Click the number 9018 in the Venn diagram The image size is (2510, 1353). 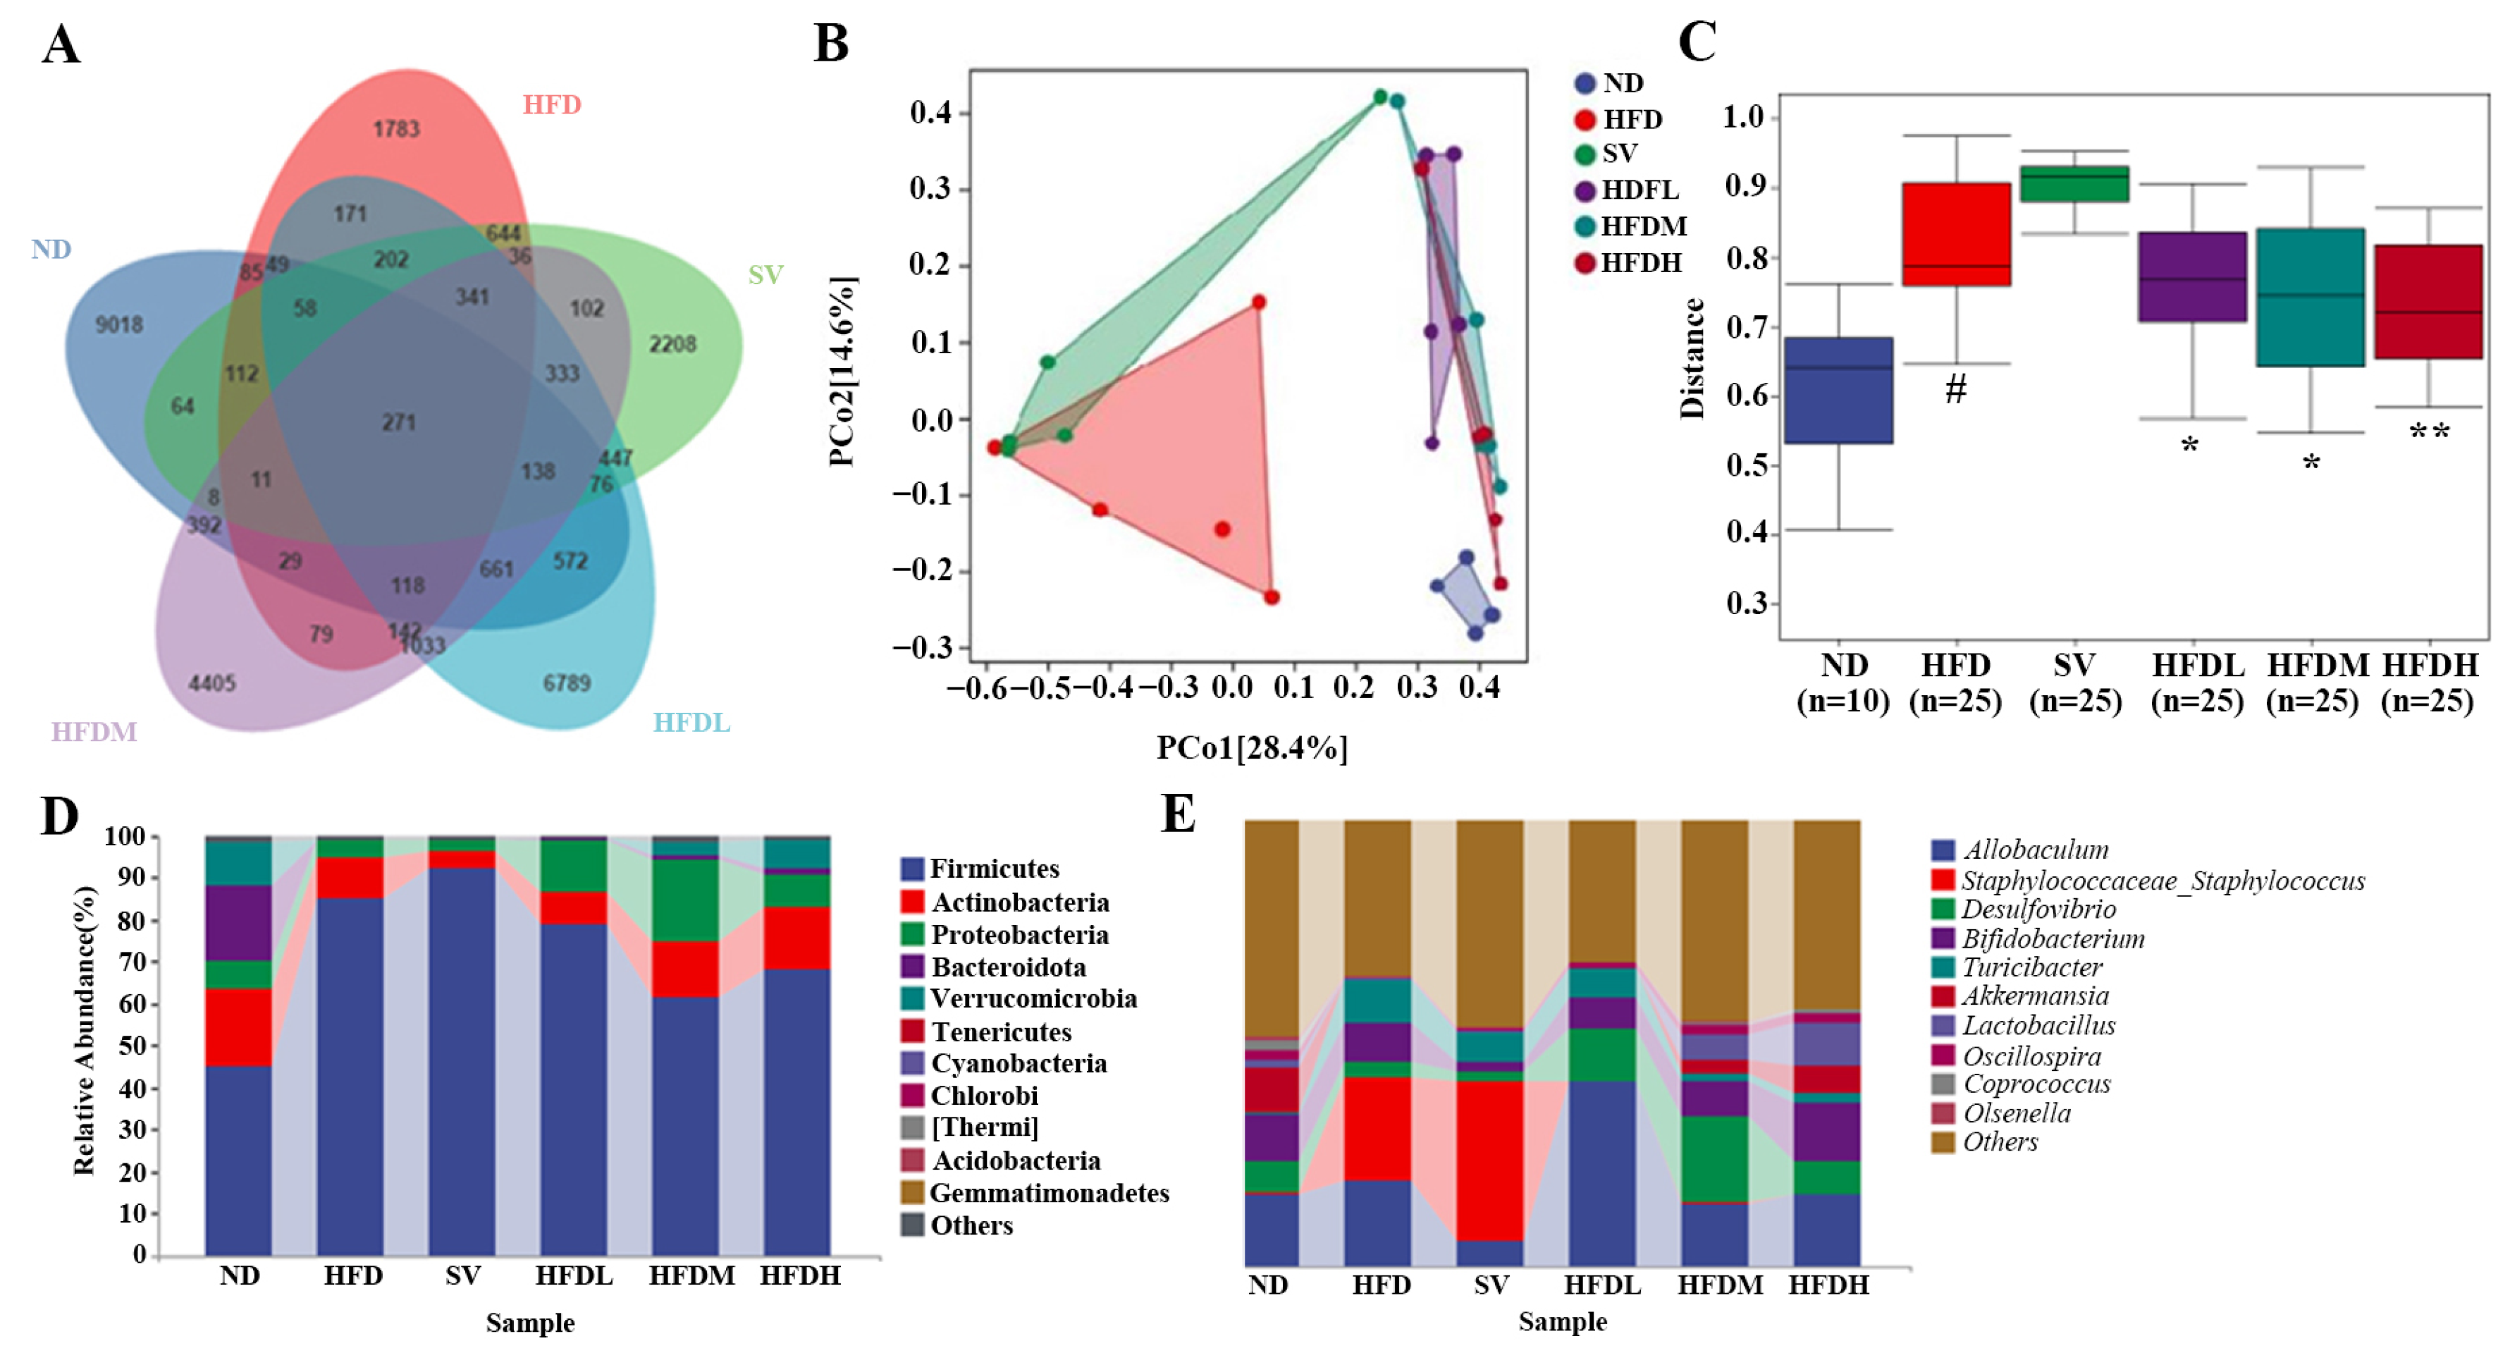(x=119, y=324)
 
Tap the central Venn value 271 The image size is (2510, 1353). (x=398, y=422)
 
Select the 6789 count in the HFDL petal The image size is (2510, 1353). (x=567, y=682)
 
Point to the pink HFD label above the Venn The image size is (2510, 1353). (x=551, y=104)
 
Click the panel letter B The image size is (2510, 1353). (x=831, y=44)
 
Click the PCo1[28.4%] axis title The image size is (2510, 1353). (x=1252, y=747)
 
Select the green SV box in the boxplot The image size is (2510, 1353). (x=2074, y=184)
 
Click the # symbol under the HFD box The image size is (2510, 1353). (x=1955, y=390)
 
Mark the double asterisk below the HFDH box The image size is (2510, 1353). (x=2429, y=431)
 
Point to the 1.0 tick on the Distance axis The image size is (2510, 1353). (x=1744, y=117)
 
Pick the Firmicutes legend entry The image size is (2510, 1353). (x=994, y=869)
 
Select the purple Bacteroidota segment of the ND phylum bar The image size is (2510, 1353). (x=239, y=923)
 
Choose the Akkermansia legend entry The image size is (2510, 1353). (x=2034, y=996)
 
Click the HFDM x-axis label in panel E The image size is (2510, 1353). (x=1720, y=1285)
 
